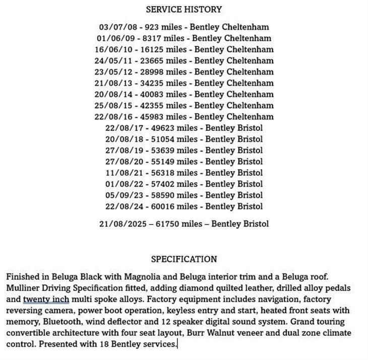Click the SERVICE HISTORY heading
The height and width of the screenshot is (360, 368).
pyautogui.click(x=183, y=9)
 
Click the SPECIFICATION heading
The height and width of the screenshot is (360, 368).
pyautogui.click(x=184, y=259)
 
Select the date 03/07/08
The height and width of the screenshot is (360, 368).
pyautogui.click(x=114, y=27)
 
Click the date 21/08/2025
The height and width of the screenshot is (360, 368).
pyautogui.click(x=119, y=224)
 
